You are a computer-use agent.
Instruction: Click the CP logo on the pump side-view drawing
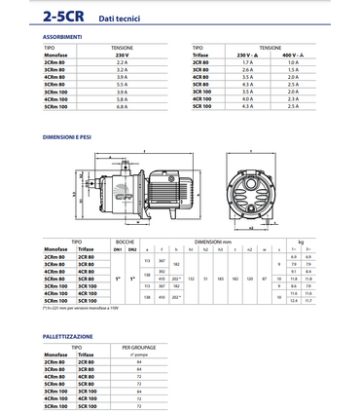[x=124, y=179]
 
